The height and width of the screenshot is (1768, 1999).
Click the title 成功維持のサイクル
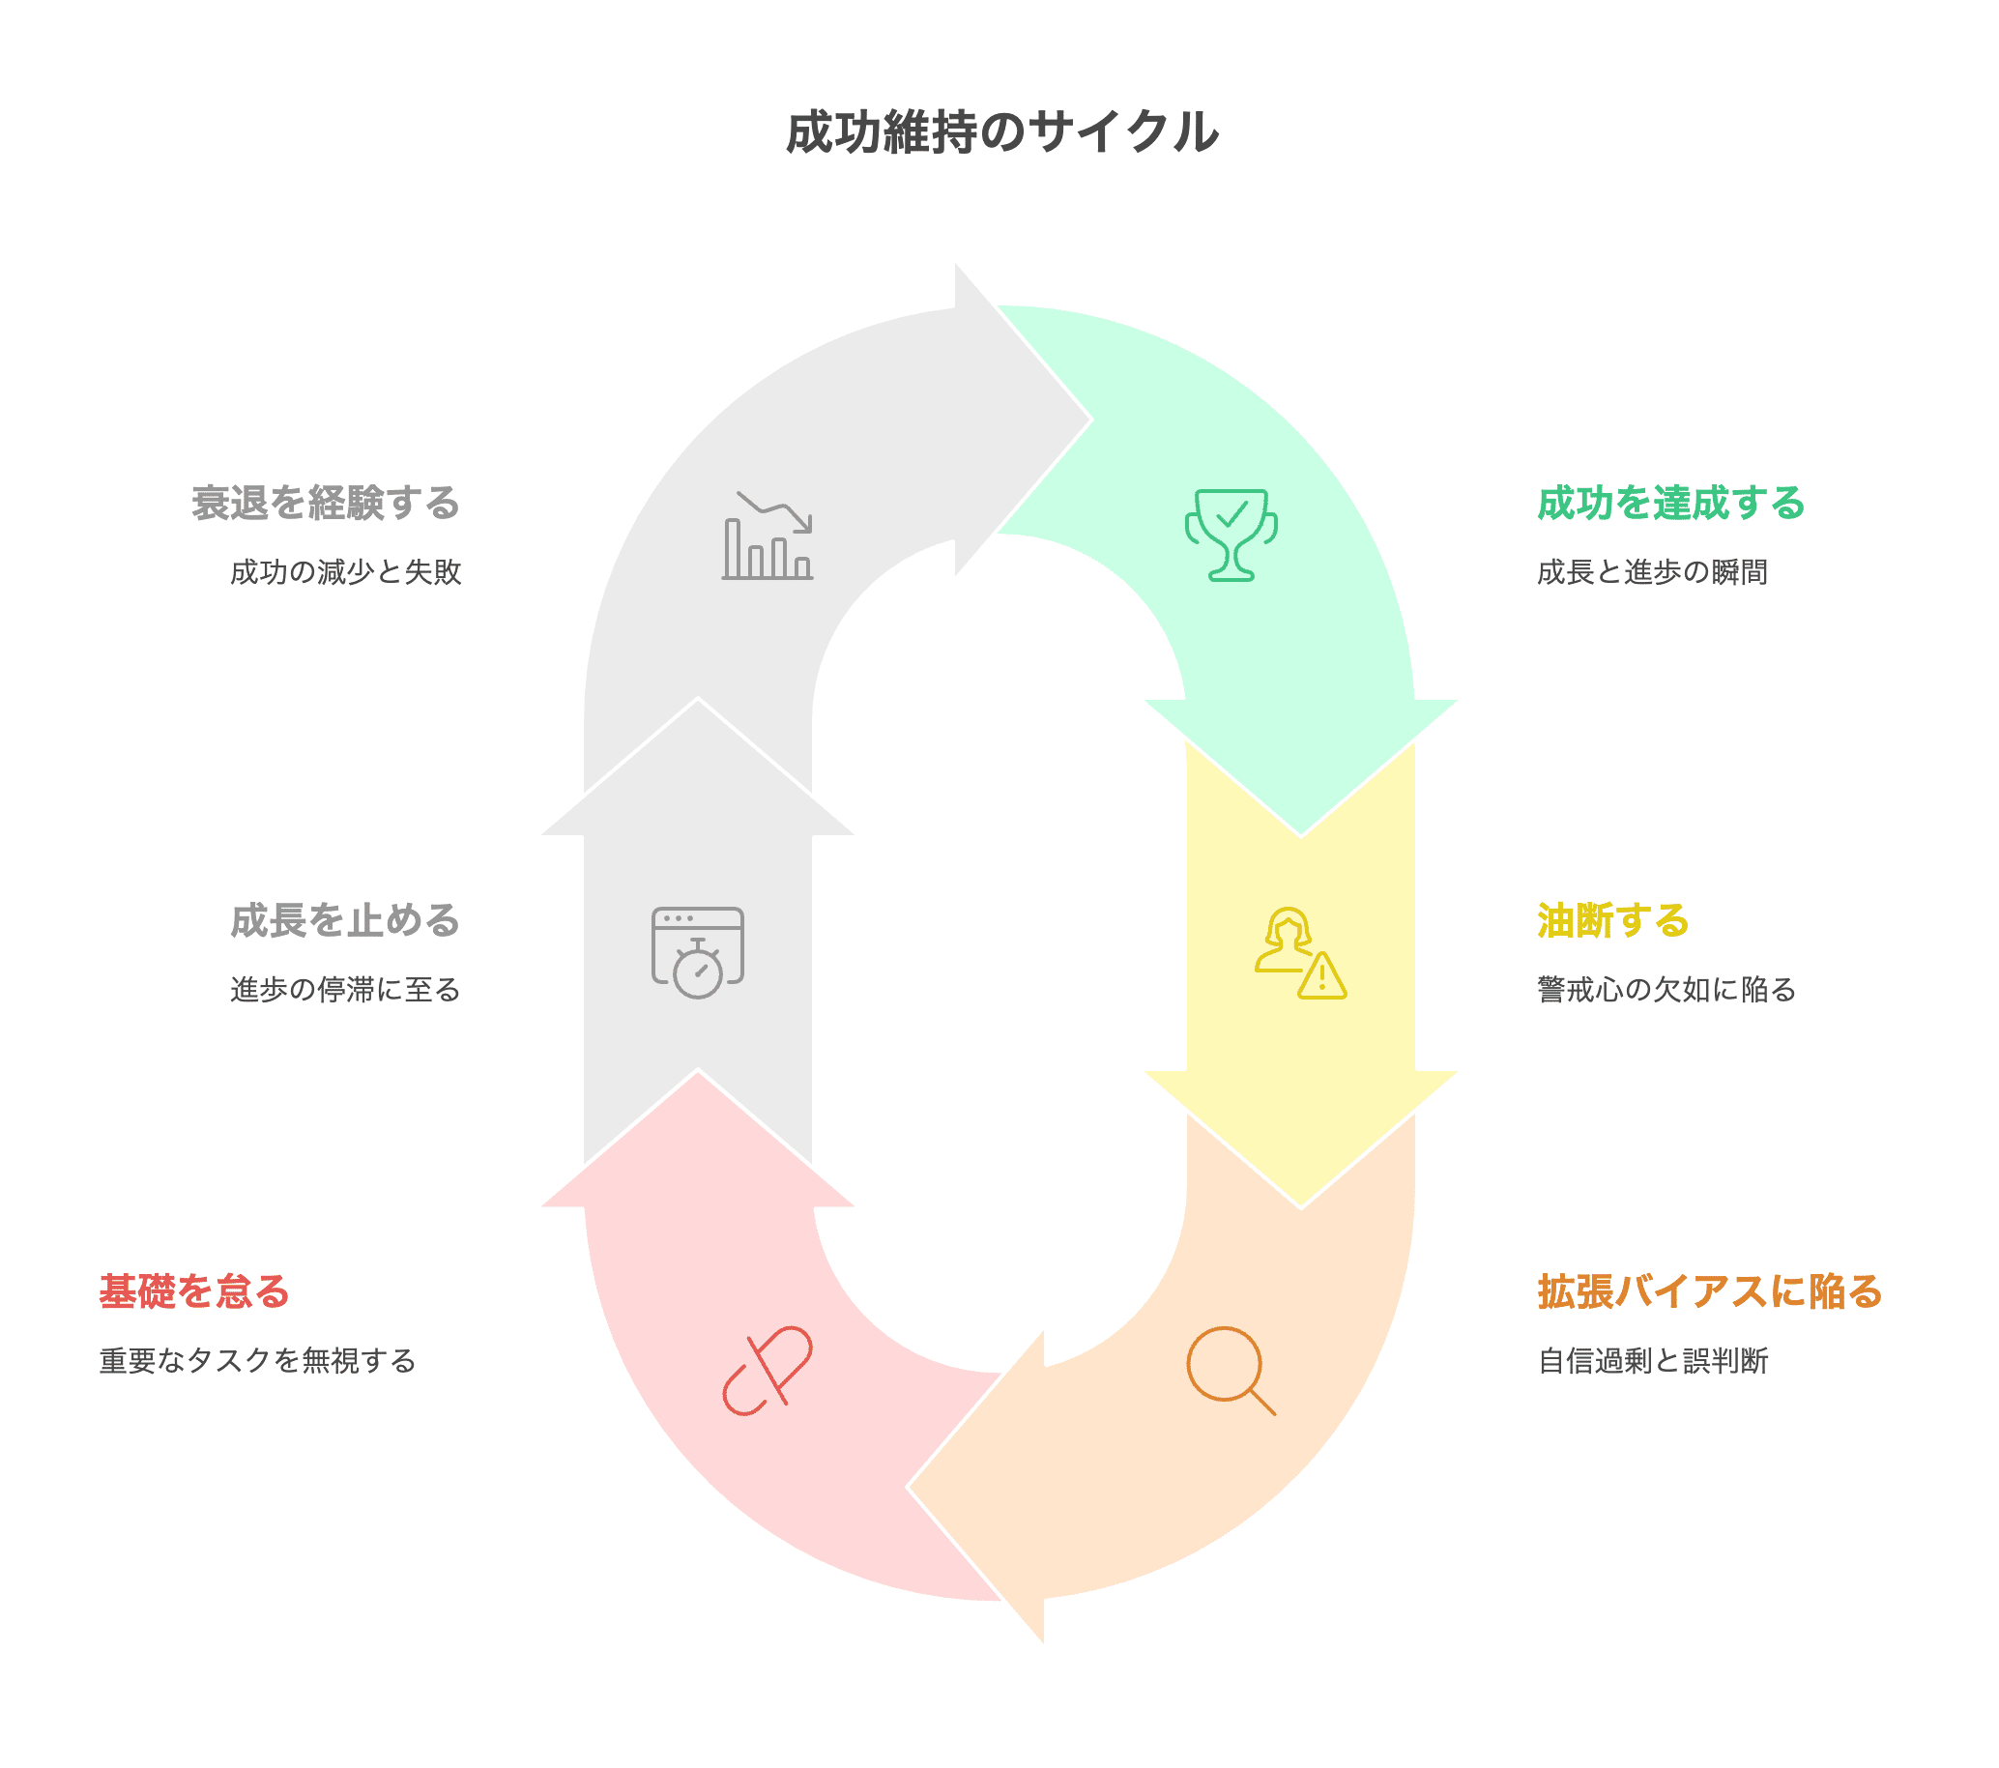pos(1001,132)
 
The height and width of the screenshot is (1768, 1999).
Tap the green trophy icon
pos(1231,534)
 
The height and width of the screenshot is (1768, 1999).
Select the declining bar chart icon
pos(768,536)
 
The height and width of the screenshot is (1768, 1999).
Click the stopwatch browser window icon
pos(697,951)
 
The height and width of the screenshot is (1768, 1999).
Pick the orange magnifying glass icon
pos(1230,1369)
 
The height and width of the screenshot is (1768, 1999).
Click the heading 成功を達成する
pos(1670,503)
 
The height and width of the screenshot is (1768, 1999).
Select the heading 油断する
pos(1612,920)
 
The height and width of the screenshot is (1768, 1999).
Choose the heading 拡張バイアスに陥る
pos(1710,1290)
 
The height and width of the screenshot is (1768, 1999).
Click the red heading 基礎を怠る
pos(194,1290)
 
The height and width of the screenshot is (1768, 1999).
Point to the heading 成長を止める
pos(345,920)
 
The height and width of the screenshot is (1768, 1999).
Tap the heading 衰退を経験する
pos(326,503)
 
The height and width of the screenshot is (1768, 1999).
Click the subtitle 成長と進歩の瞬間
pos(1652,572)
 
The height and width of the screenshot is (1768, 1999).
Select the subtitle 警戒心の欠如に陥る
pos(1666,990)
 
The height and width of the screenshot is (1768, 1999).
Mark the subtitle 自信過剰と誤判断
pos(1652,1360)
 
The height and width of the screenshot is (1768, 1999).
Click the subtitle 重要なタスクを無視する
pos(258,1360)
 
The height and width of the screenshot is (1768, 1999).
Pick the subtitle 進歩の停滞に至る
pos(345,990)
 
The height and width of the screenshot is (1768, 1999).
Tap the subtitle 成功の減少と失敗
pos(345,572)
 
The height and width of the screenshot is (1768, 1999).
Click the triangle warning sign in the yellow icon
pos(1322,977)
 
